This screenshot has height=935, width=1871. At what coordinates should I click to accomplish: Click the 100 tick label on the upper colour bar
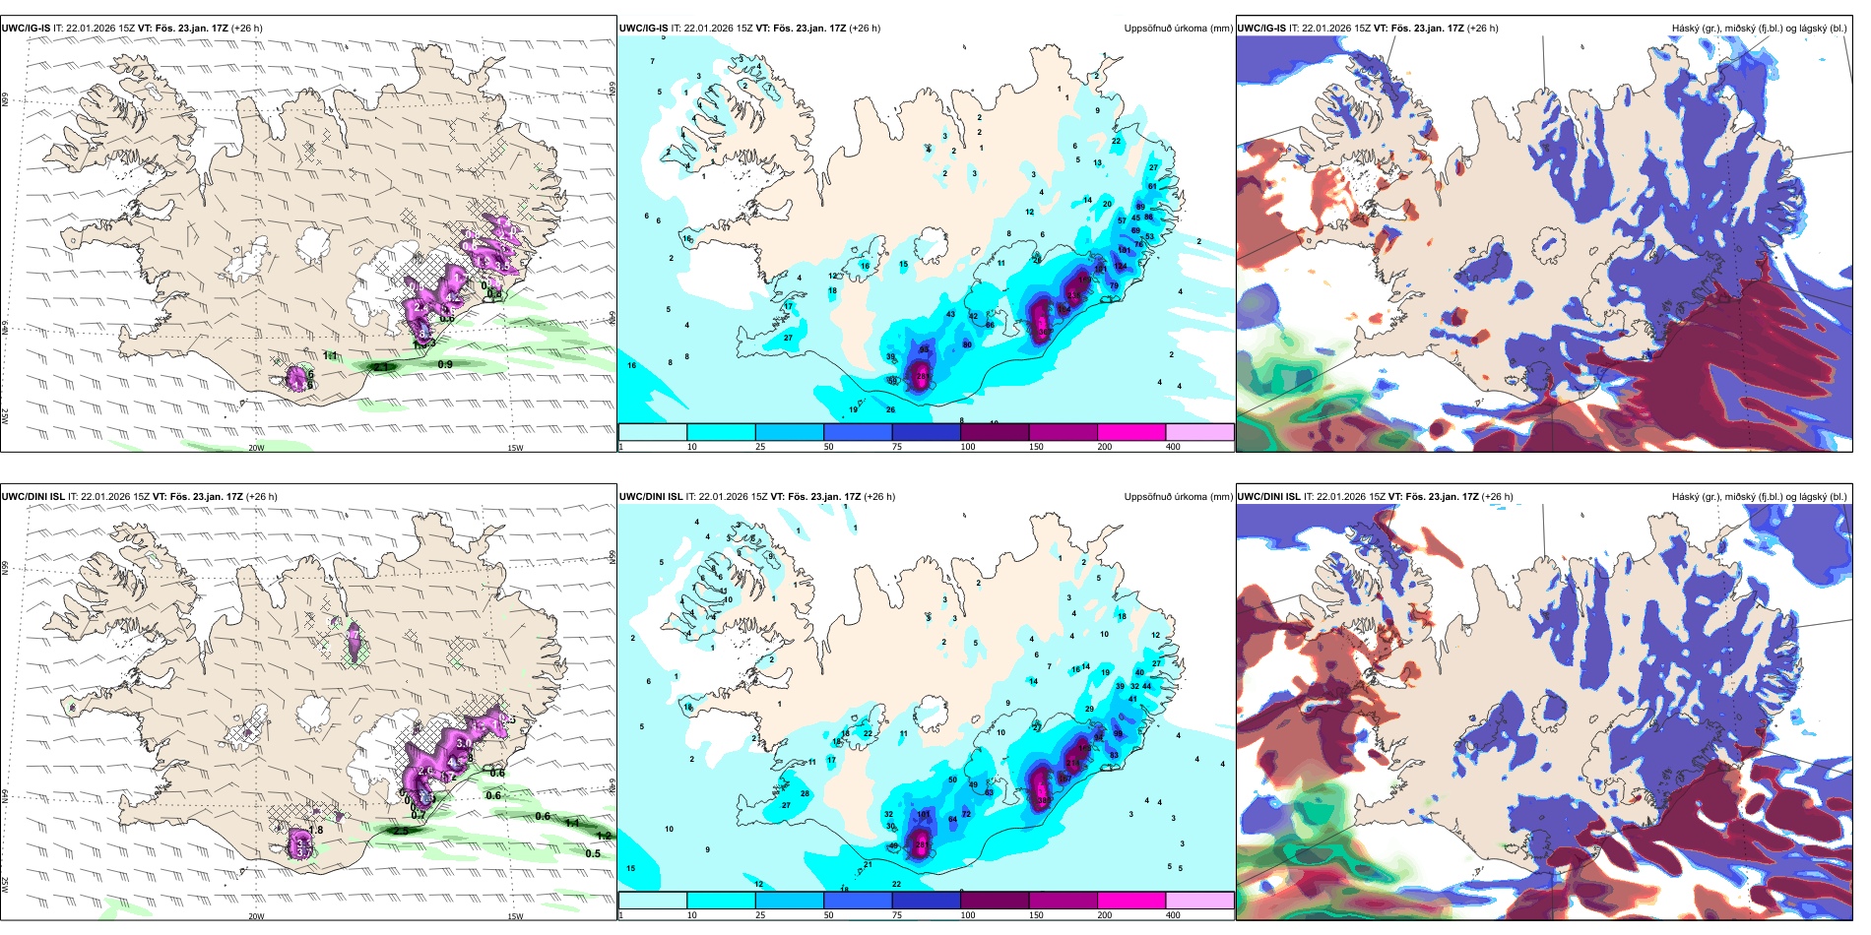tap(968, 447)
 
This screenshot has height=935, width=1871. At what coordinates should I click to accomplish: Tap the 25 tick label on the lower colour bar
tap(760, 915)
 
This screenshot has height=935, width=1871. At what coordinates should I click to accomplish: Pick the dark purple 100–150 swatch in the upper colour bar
tap(995, 432)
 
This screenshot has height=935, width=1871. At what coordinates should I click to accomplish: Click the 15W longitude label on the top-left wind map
tap(514, 448)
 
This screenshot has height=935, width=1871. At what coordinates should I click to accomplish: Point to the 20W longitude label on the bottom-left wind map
tap(256, 916)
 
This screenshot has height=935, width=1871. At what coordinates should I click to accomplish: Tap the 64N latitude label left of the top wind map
tap(5, 329)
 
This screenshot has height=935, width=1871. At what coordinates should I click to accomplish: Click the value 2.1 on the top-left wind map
tap(381, 367)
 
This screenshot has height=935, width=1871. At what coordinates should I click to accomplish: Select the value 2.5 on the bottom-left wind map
tap(400, 832)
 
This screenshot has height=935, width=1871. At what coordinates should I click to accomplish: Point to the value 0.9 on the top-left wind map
tap(445, 365)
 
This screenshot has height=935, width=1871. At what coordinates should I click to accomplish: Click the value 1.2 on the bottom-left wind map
tap(604, 836)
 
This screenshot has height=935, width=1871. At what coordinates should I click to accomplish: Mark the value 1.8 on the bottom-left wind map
tap(316, 831)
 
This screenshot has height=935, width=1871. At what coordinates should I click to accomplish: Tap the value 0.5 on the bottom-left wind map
tap(593, 853)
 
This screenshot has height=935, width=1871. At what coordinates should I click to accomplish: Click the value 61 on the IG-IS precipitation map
tap(1152, 186)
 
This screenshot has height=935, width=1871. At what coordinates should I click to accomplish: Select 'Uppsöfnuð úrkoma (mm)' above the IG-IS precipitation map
tap(1178, 29)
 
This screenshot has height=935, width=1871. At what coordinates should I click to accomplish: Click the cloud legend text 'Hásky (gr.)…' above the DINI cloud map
tap(1759, 497)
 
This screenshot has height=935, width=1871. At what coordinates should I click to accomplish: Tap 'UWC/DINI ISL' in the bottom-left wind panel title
tap(33, 497)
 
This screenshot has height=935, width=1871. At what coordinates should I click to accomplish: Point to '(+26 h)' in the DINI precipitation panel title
tap(879, 497)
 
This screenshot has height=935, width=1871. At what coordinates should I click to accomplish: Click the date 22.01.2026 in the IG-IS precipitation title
tap(710, 29)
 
